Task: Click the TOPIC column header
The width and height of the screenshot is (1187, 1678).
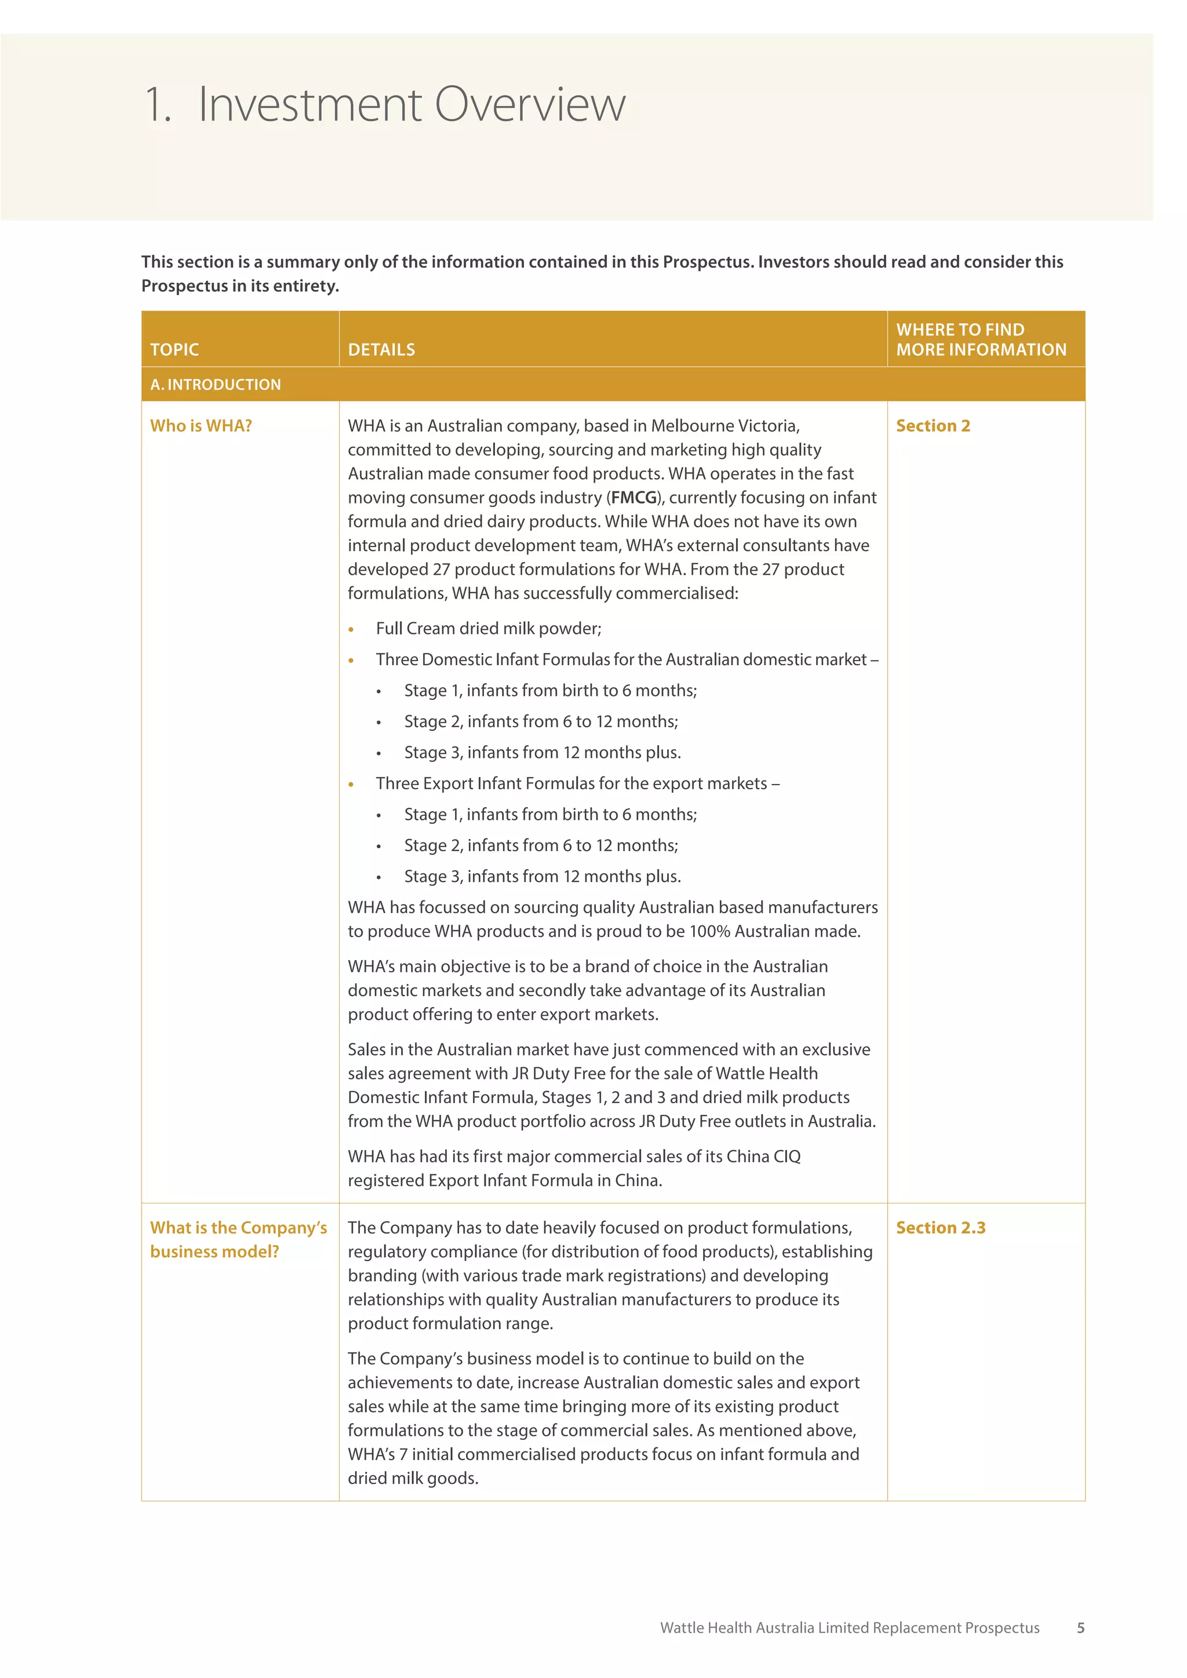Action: (x=174, y=349)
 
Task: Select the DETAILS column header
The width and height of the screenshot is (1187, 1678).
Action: (x=381, y=349)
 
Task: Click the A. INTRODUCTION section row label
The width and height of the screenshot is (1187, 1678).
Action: (x=216, y=384)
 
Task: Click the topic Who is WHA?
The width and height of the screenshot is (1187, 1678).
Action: (x=201, y=425)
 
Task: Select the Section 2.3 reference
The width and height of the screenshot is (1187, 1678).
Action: (x=941, y=1227)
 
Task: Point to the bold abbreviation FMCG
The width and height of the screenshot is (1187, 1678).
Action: (x=633, y=498)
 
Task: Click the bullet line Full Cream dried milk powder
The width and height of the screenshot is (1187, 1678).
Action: (x=488, y=629)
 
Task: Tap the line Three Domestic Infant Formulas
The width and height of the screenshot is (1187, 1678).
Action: (x=627, y=659)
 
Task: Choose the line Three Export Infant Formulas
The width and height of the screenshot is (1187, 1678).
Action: (x=577, y=783)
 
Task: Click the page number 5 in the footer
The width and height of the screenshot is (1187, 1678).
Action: (x=1080, y=1628)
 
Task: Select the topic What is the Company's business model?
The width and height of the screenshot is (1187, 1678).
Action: (x=238, y=1239)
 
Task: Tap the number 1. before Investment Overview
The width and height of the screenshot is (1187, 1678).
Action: (x=157, y=104)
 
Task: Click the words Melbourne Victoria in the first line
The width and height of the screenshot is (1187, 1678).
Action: (x=724, y=425)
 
